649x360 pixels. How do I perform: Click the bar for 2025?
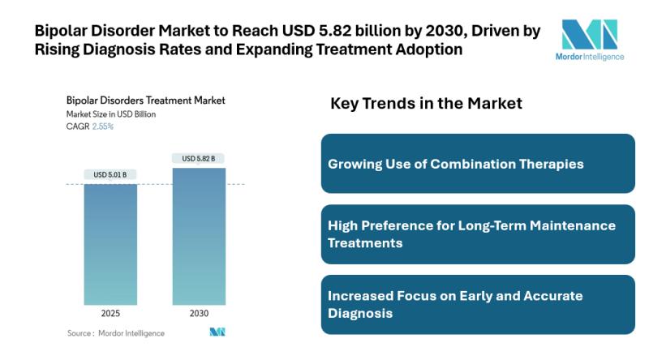tap(110, 244)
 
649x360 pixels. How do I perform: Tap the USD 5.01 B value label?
tap(110, 174)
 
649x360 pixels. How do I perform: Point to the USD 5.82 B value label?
tap(199, 158)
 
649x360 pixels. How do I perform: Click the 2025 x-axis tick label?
tap(110, 314)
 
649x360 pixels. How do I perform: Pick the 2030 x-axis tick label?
tap(199, 314)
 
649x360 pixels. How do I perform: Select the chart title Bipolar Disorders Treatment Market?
tap(145, 101)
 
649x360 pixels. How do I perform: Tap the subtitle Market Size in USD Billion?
tap(110, 114)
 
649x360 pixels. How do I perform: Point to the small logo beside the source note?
tap(217, 332)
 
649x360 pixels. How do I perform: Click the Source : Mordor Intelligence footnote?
tap(115, 333)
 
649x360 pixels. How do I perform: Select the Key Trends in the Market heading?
tap(426, 104)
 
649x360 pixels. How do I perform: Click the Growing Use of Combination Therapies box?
tap(478, 164)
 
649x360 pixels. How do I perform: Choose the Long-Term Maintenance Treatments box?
tap(478, 234)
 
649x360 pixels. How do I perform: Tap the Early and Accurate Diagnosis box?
tap(478, 304)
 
